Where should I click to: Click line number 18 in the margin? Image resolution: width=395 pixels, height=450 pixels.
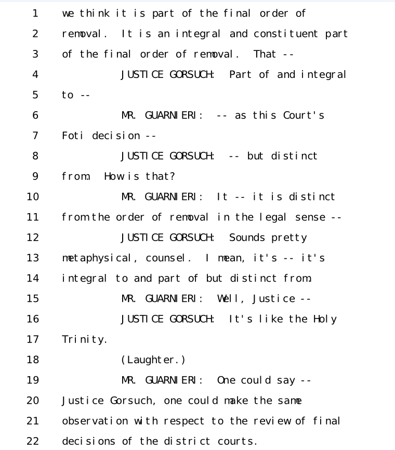33,360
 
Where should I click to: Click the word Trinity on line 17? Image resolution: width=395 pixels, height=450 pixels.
85,339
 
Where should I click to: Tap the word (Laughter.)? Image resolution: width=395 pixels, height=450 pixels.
153,360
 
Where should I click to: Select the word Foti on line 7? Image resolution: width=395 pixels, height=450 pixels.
73,136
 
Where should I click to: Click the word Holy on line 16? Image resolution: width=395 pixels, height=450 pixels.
325,319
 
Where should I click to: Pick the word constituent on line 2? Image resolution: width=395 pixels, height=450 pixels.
286,34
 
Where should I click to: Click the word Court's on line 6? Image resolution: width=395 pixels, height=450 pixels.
304,115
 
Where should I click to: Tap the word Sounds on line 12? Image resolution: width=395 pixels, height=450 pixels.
247,237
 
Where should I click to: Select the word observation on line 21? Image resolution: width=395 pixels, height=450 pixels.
95,421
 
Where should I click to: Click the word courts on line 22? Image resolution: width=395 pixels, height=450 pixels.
237,441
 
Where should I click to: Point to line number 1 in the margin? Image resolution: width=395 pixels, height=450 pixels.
35,13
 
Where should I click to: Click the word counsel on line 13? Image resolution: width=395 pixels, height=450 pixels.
168,258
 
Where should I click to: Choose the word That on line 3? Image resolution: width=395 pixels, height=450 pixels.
265,54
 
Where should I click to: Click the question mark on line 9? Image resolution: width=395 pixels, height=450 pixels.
172,176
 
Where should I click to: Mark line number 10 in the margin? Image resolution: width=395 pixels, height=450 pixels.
33,197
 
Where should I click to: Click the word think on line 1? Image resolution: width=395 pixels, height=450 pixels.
95,13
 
